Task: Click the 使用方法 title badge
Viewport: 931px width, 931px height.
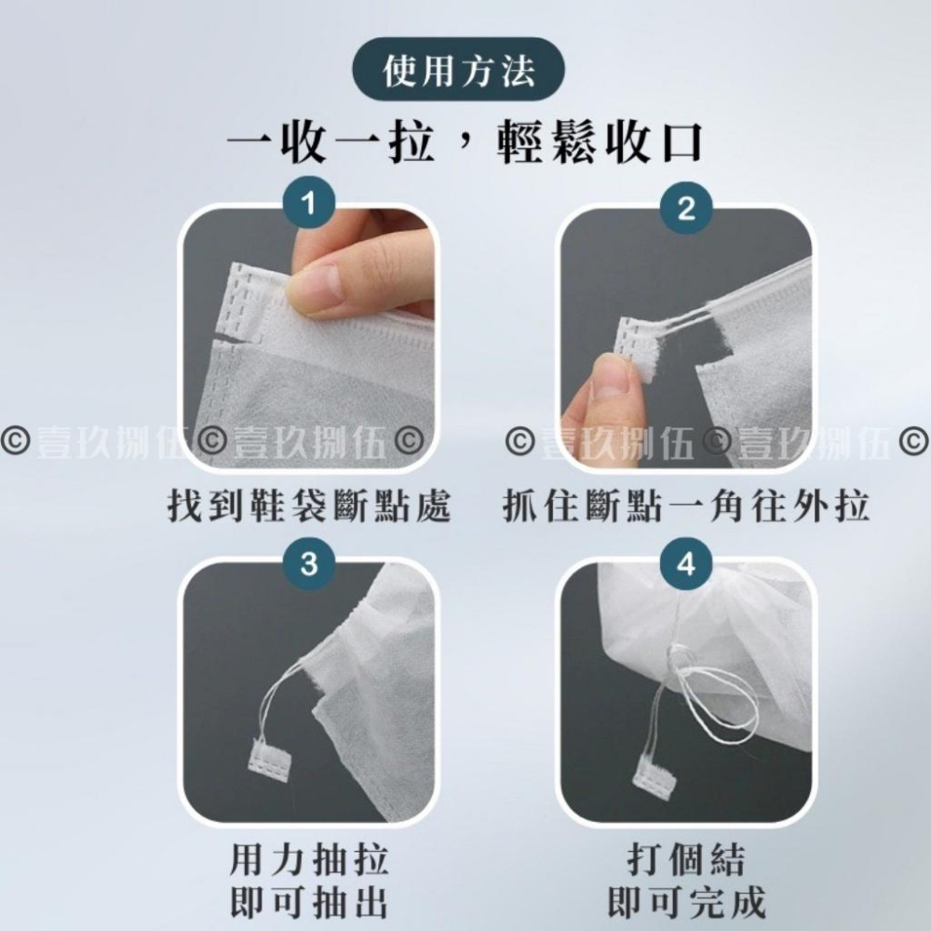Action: [x=458, y=70]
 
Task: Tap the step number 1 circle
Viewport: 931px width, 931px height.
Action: [x=309, y=204]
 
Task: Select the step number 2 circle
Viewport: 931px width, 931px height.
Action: [x=686, y=208]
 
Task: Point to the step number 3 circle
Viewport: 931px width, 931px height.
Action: [x=309, y=563]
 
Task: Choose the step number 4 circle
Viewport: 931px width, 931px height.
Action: [x=686, y=563]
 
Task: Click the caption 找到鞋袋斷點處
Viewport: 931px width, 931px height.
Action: [x=309, y=506]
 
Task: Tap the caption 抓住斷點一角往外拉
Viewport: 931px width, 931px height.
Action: [x=686, y=506]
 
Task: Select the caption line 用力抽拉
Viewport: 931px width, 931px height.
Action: [x=309, y=859]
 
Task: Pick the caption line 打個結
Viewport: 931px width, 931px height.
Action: [x=686, y=859]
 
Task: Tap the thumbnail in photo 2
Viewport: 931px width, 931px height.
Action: [x=606, y=386]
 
